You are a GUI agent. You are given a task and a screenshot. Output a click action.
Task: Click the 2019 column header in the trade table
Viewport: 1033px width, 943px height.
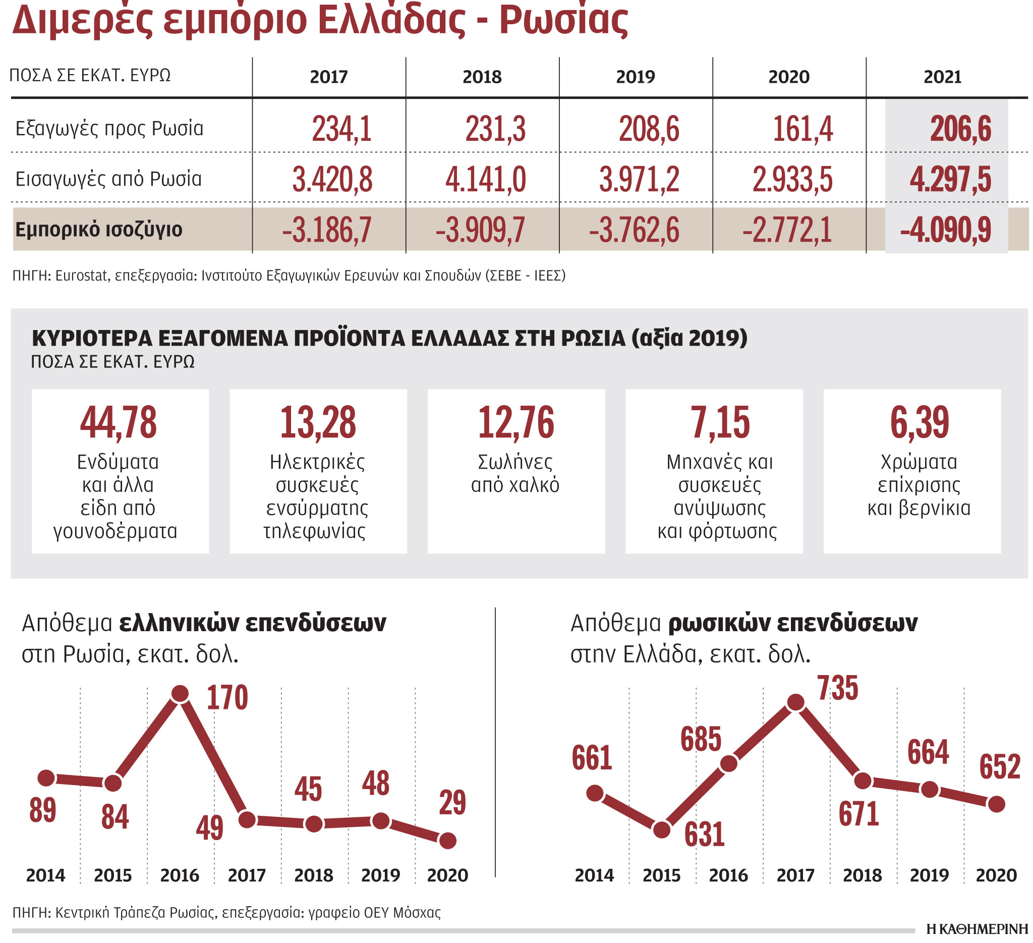pos(636,77)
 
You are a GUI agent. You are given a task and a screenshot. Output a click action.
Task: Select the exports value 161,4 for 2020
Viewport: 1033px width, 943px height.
pos(802,129)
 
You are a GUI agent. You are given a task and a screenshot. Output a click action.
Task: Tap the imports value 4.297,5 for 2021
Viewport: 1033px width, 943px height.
pos(950,180)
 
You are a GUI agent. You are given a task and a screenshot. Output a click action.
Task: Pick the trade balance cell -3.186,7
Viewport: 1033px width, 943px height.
pos(327,230)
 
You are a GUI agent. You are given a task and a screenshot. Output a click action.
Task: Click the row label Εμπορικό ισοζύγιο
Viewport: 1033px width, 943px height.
pos(99,230)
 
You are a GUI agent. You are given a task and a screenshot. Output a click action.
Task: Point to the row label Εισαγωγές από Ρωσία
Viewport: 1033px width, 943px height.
pos(108,180)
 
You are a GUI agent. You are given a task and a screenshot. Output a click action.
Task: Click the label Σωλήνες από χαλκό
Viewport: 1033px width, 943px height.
pos(515,474)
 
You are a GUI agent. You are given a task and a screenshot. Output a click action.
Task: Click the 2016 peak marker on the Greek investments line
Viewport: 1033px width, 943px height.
pos(180,694)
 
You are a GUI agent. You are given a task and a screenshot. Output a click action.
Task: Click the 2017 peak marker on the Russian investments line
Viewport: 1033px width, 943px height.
pos(796,703)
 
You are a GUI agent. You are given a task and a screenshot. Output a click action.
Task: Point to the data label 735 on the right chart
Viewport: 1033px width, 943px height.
pos(838,688)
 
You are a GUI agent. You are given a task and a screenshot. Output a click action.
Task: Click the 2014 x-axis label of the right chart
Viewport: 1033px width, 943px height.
pos(594,875)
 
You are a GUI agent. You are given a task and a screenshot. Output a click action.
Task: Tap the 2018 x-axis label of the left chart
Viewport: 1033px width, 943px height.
pos(314,875)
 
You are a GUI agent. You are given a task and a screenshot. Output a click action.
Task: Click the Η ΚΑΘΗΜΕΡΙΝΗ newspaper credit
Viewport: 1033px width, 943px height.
pos(977,929)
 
